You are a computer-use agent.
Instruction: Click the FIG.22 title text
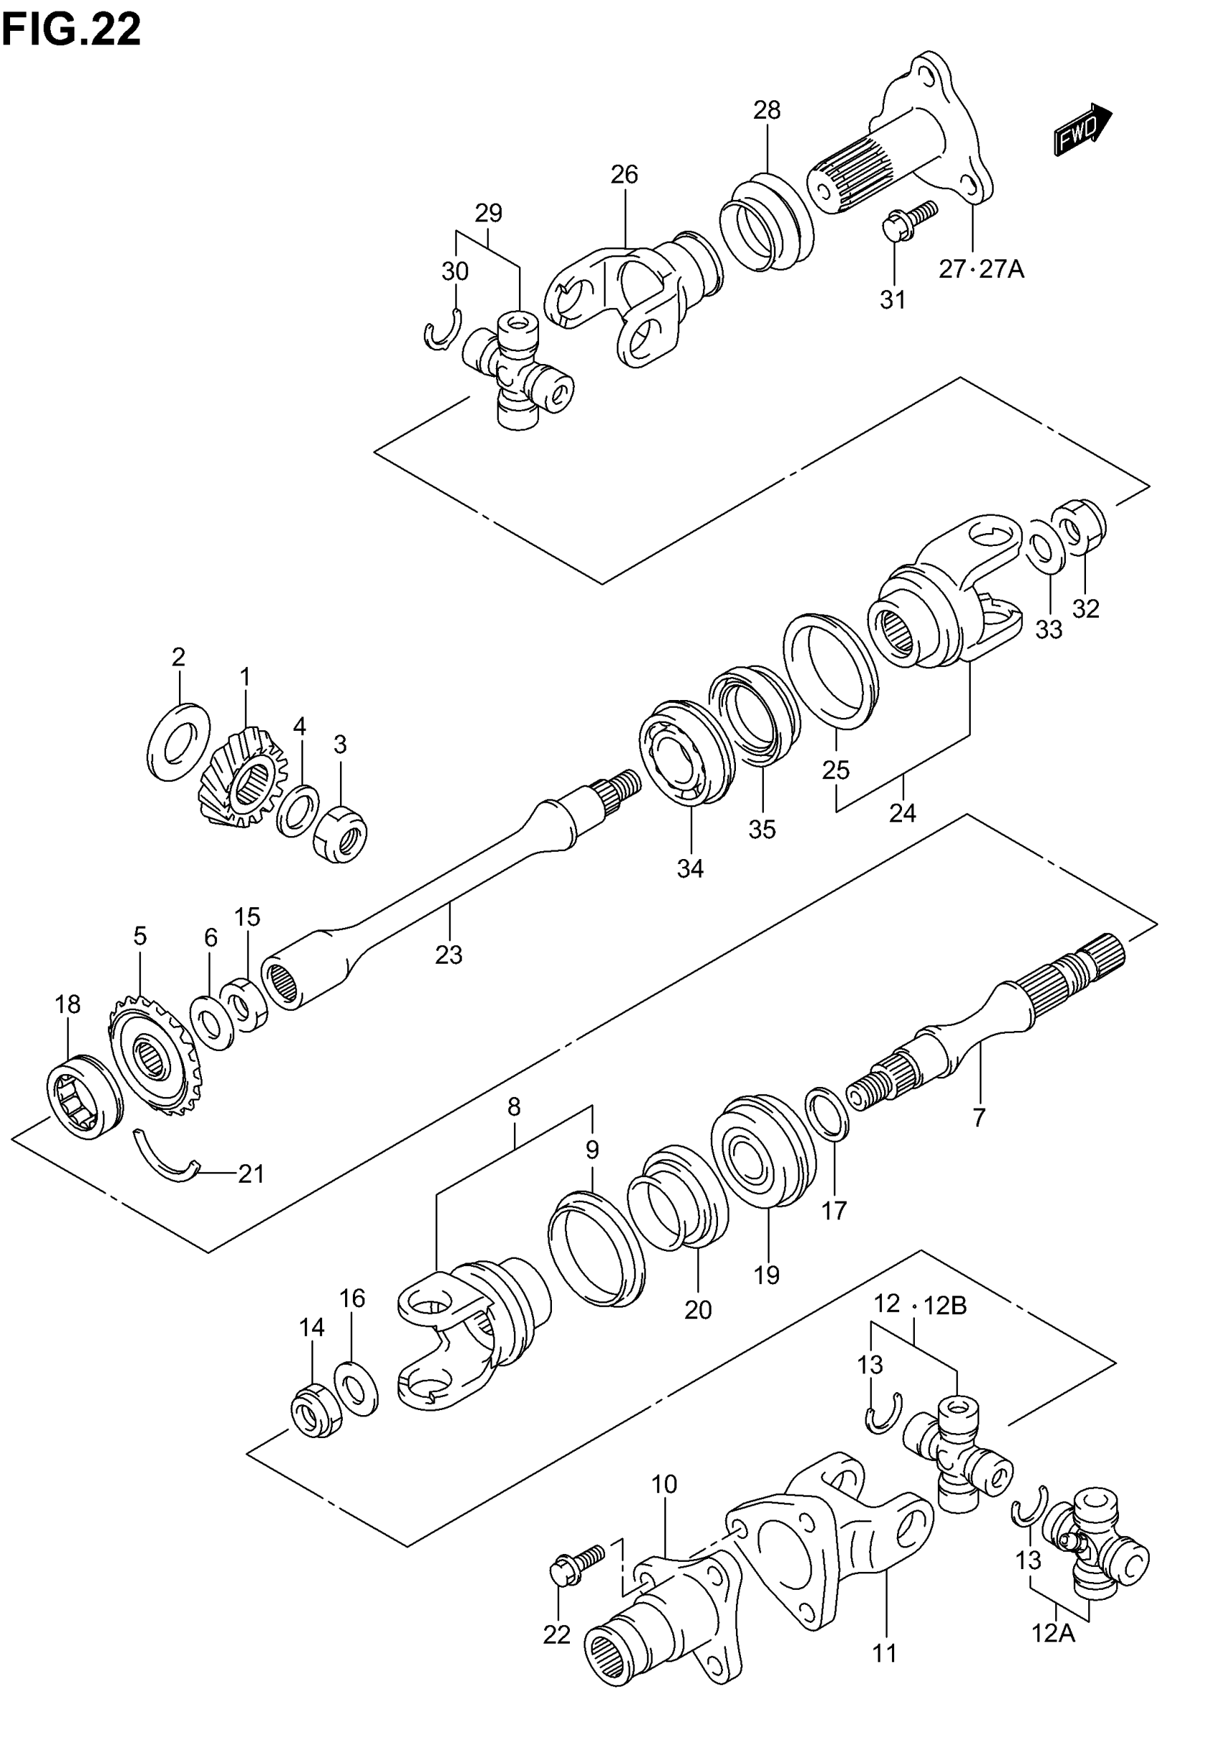72,31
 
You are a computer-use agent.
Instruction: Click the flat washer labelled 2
178,732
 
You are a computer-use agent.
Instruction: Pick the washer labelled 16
356,1389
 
